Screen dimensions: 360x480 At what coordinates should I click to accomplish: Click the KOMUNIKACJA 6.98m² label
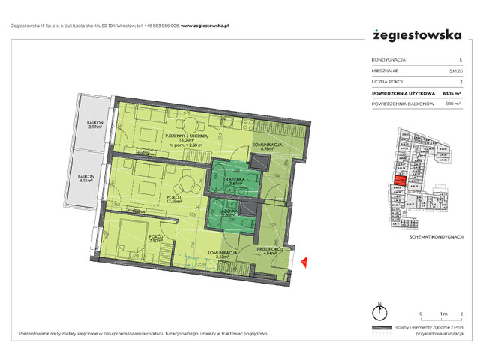click(266, 145)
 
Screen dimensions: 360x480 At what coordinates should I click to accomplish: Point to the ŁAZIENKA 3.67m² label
click(232, 179)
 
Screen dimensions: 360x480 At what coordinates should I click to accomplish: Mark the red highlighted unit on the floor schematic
click(400, 180)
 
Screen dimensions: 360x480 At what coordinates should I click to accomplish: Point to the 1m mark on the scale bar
click(442, 313)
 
